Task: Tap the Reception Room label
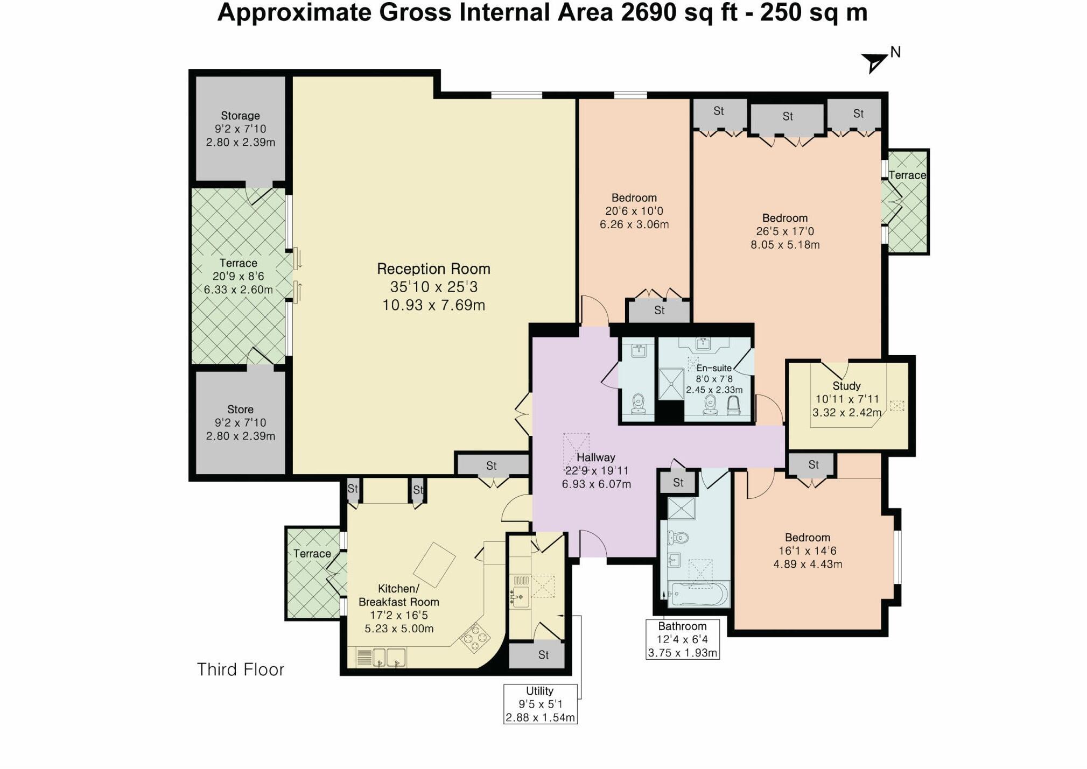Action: [433, 269]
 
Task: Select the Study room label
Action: [846, 386]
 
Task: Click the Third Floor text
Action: [241, 669]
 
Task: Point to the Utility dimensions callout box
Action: [540, 704]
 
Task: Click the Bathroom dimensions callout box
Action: [683, 639]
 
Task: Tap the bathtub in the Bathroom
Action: [698, 594]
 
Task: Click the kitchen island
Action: [434, 565]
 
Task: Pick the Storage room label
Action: [240, 116]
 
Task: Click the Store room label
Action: [240, 410]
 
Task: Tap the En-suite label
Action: [714, 368]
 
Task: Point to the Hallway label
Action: [595, 457]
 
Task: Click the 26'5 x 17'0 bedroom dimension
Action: [785, 231]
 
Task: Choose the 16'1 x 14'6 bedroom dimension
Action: [808, 551]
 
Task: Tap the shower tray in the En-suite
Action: [671, 384]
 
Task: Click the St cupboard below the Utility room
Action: [543, 655]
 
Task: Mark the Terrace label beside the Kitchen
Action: [312, 554]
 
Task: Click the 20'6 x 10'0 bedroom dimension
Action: [634, 211]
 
